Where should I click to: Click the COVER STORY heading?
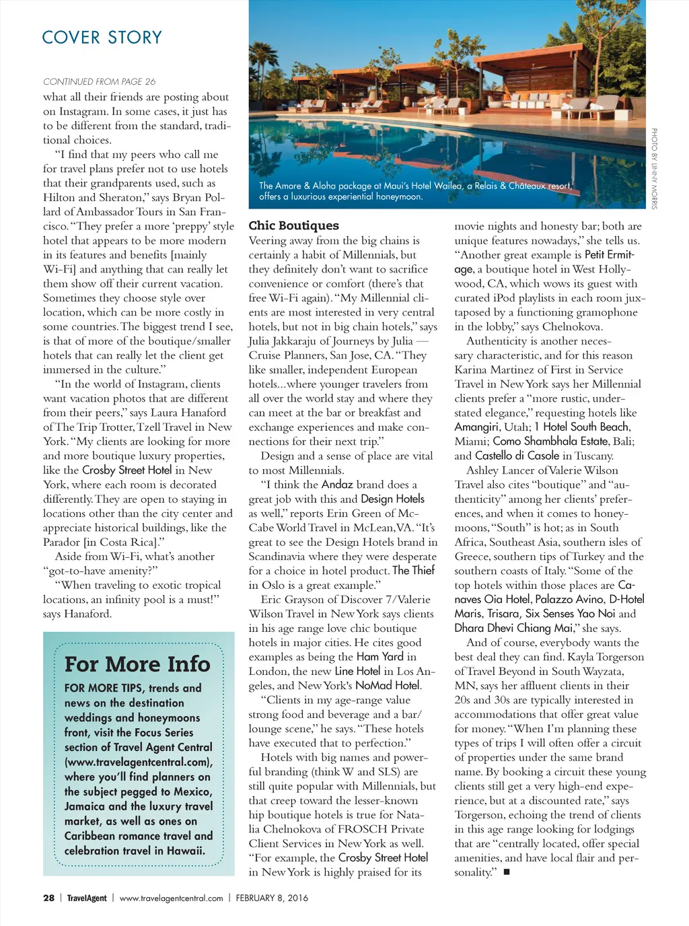pyautogui.click(x=102, y=37)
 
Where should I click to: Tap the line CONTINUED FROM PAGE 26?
pyautogui.click(x=99, y=81)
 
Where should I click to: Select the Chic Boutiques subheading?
pyautogui.click(x=293, y=225)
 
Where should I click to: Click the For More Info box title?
pyautogui.click(x=137, y=664)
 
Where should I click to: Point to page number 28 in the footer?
pyautogui.click(x=48, y=898)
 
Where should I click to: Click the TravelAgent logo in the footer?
pyautogui.click(x=87, y=898)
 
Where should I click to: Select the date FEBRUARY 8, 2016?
pyautogui.click(x=272, y=898)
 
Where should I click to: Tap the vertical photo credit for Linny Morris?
pyautogui.click(x=653, y=168)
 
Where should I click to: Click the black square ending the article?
pyautogui.click(x=507, y=872)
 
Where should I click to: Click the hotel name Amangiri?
pyautogui.click(x=476, y=427)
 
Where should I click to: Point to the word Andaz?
pyautogui.click(x=337, y=484)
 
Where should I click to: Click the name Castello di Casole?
pyautogui.click(x=517, y=456)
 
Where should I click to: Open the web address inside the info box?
pyautogui.click(x=138, y=762)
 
